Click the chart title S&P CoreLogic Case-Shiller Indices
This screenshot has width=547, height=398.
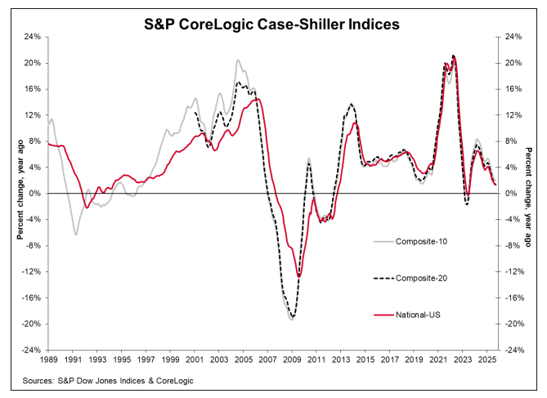273,24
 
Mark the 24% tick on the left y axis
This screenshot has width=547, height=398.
32,37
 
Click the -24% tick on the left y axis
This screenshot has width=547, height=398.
30,350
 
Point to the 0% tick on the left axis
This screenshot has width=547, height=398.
34,194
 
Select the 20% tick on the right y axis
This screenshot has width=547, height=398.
515,63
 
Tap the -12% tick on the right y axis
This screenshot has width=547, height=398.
516,272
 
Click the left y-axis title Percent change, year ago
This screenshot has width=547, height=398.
16,193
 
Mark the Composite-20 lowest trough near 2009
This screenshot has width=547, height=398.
293,318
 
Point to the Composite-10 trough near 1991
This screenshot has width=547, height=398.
76,235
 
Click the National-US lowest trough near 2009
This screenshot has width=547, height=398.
299,276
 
